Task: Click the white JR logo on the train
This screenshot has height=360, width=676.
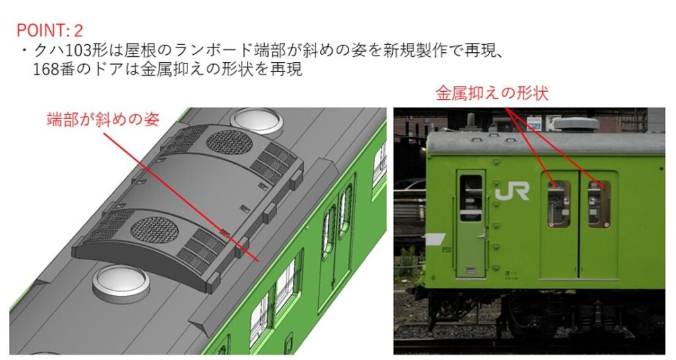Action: click(x=512, y=193)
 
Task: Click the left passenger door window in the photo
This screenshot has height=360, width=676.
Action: click(x=558, y=203)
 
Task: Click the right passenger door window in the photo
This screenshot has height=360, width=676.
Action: click(x=599, y=203)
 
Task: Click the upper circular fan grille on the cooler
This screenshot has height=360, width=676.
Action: click(x=228, y=142)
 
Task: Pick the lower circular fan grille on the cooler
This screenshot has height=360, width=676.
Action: click(x=154, y=231)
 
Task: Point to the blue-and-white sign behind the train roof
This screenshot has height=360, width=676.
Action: click(x=534, y=123)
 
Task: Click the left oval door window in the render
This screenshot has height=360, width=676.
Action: click(x=328, y=231)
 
